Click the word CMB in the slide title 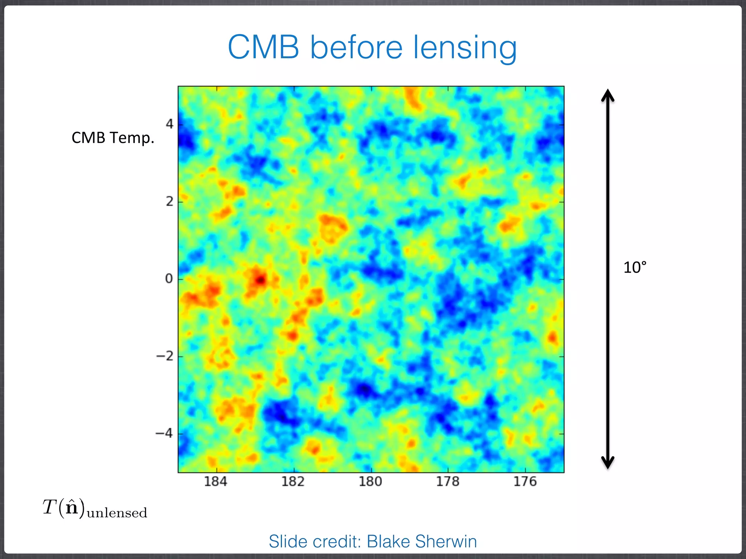coord(263,47)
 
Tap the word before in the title coord(356,47)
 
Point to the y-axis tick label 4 coord(169,124)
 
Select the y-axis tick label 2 coord(169,201)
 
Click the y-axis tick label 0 coord(169,279)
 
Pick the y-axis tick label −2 coord(165,356)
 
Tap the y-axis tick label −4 coord(164,433)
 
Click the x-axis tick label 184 coord(216,481)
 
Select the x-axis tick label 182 coord(293,481)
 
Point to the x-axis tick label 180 coord(370,481)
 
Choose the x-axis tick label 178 coord(448,481)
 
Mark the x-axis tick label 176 coord(525,481)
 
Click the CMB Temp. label coord(113,138)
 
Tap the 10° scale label coord(635,267)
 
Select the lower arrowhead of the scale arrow coord(608,463)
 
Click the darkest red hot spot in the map coord(260,280)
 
